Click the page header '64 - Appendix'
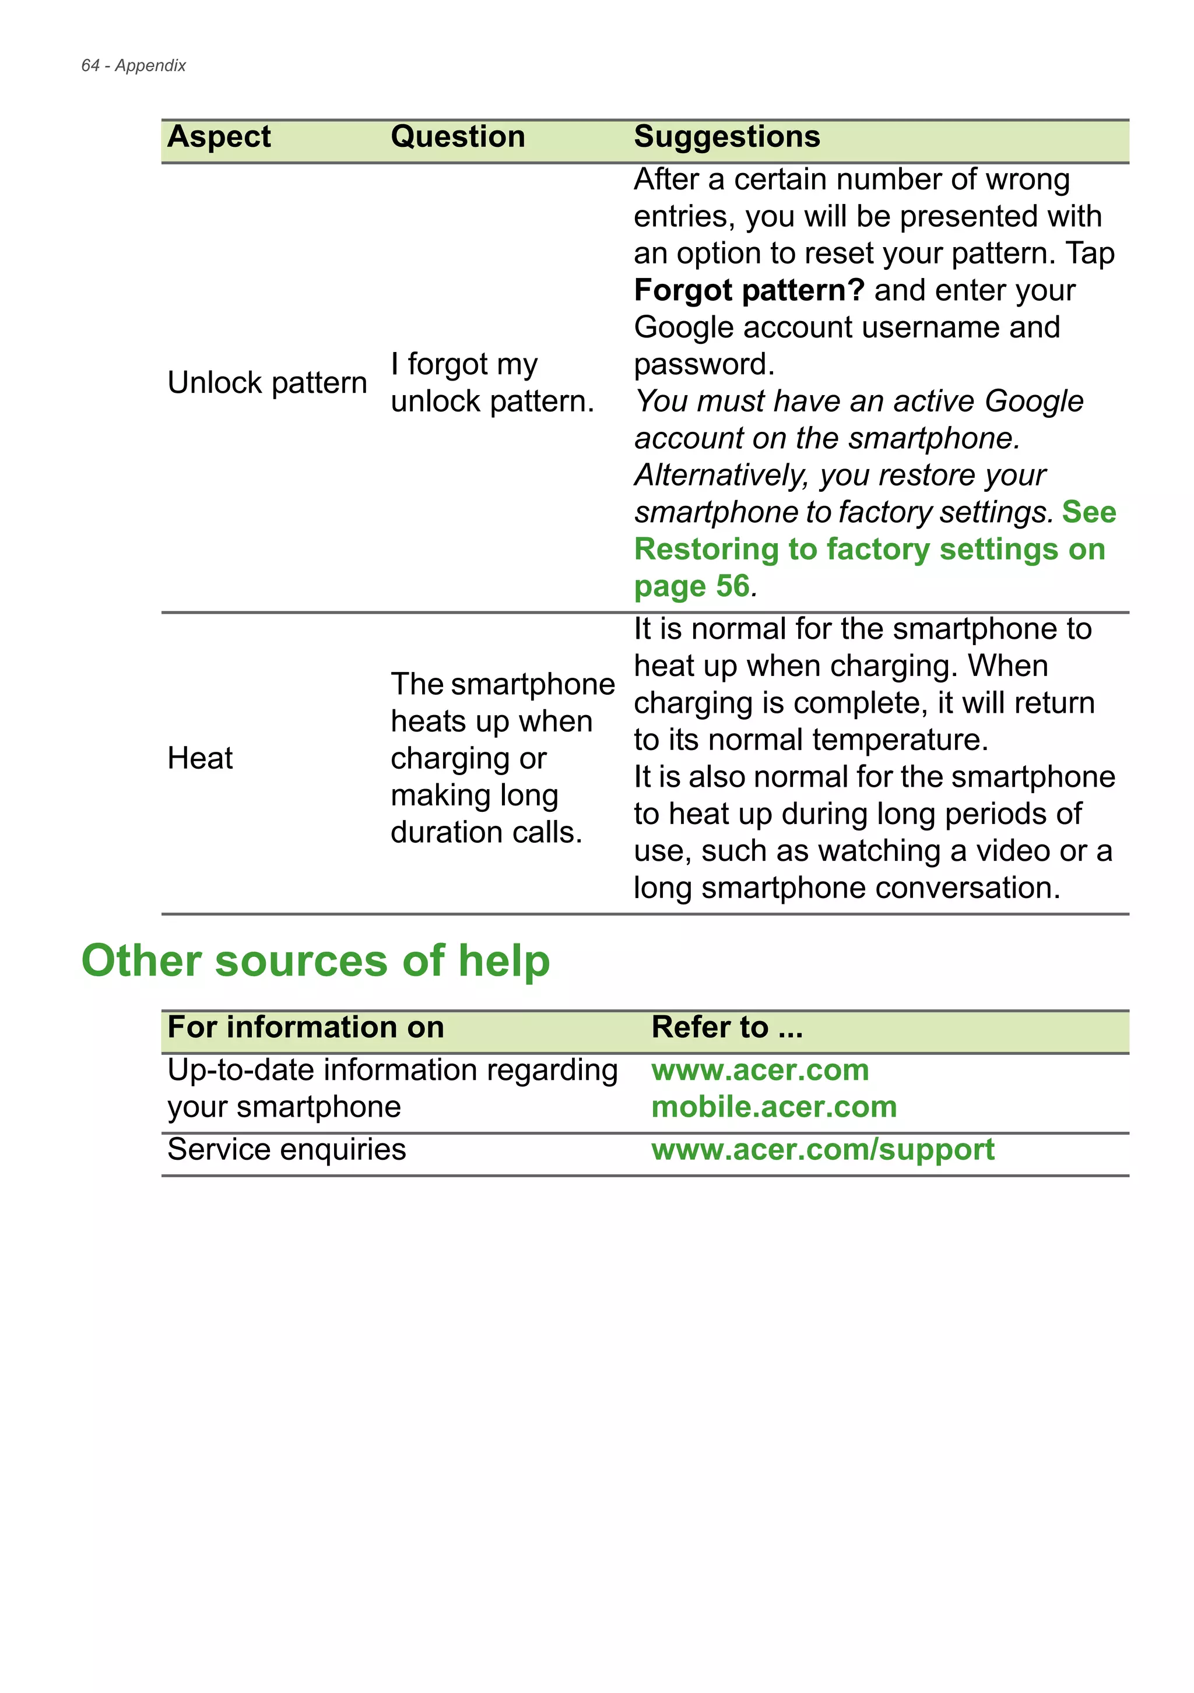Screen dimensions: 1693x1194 (x=134, y=66)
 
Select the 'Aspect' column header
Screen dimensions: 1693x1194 (x=219, y=137)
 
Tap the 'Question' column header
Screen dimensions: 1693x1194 (x=457, y=137)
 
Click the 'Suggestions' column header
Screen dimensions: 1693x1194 (x=726, y=137)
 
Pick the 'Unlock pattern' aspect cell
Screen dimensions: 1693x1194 (x=267, y=383)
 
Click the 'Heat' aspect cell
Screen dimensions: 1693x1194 (x=200, y=758)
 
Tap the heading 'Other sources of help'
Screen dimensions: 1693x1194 (x=315, y=961)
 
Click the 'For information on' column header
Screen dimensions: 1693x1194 (x=305, y=1027)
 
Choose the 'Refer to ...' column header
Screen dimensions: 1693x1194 (x=726, y=1027)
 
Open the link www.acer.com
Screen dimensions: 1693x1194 (x=760, y=1070)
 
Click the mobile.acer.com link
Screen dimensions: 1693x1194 (x=774, y=1107)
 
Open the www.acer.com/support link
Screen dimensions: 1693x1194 (x=822, y=1150)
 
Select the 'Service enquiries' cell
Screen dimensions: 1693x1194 (x=286, y=1150)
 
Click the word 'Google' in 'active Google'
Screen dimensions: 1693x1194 (x=1033, y=401)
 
